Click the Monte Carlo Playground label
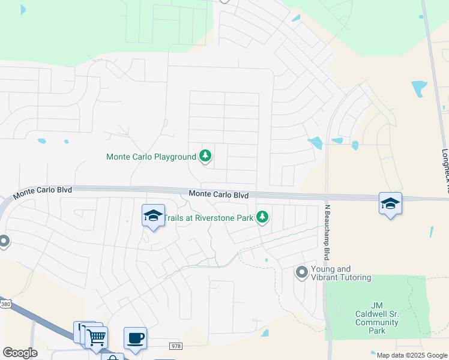151,157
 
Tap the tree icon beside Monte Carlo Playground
206,157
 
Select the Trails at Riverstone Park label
208,218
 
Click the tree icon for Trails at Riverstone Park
262,217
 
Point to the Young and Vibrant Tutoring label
341,273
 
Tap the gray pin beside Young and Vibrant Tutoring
301,273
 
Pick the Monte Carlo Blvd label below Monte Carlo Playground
218,194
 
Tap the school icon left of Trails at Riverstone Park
153,215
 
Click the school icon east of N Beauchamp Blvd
390,203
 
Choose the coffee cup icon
135,338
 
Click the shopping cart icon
96,337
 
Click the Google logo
20,353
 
